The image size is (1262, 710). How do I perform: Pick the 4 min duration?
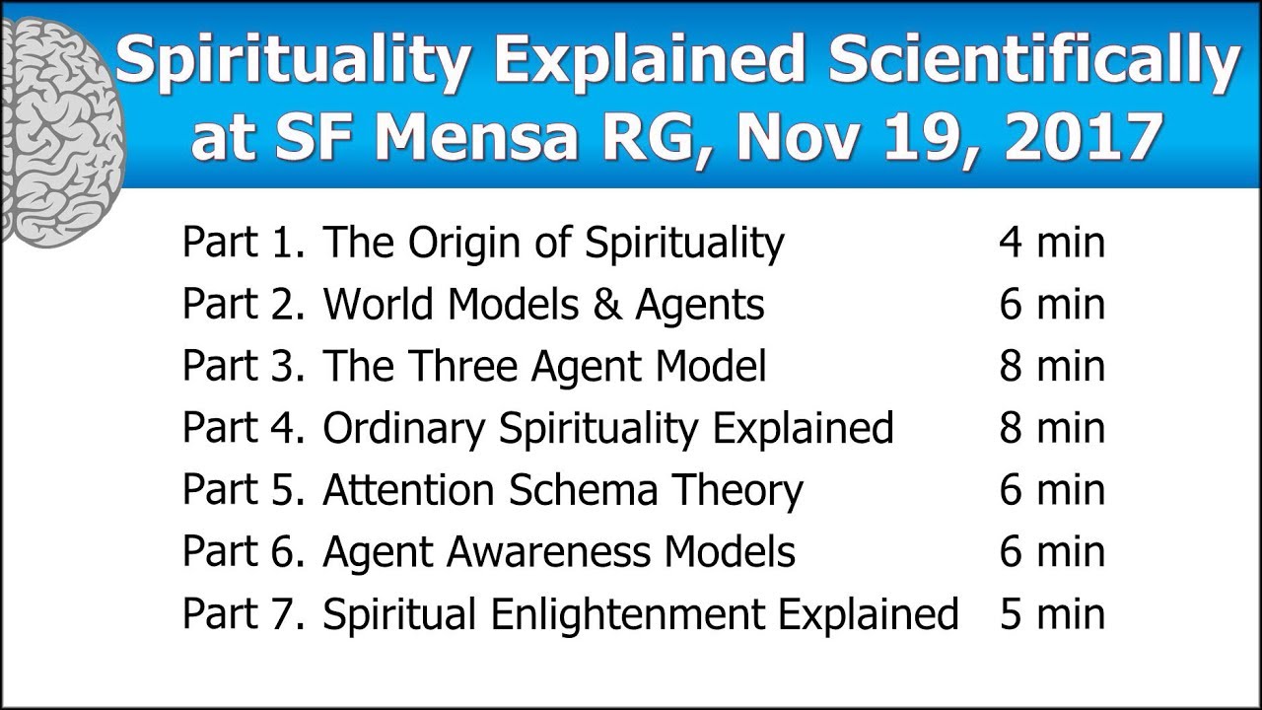tap(1051, 243)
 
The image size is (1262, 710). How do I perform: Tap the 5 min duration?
tap(1051, 614)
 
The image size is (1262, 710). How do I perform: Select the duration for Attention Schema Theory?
tap(1051, 490)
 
